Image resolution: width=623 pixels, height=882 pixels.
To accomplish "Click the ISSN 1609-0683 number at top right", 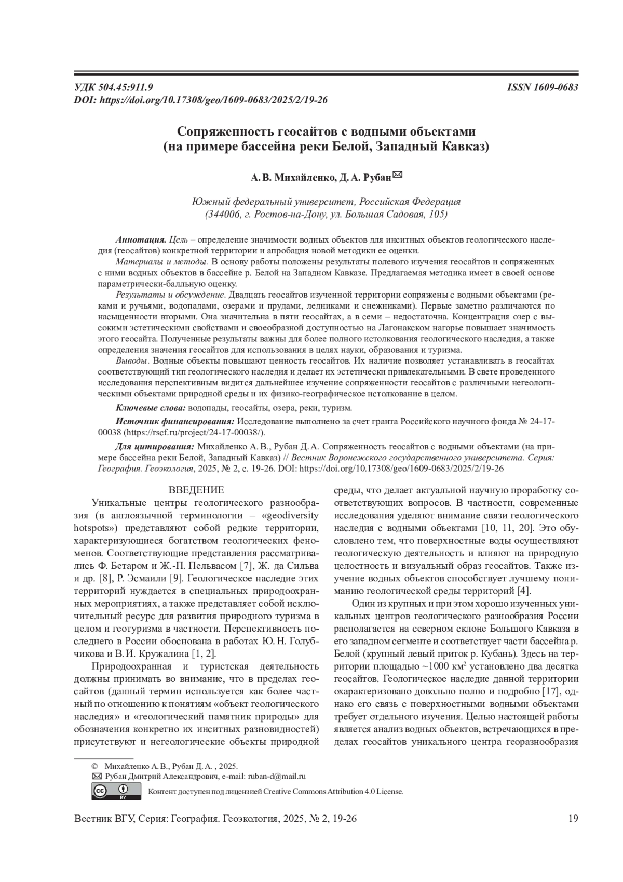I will click(542, 88).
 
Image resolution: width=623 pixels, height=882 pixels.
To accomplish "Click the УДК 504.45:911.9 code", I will click(114, 88).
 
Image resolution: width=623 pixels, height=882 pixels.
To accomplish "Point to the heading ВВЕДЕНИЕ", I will click(196, 490).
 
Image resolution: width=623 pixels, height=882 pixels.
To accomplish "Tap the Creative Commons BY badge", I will click(116, 791).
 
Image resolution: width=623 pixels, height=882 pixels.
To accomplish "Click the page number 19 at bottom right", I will click(573, 819).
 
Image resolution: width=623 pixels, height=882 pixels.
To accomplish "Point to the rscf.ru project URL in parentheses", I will click(195, 432).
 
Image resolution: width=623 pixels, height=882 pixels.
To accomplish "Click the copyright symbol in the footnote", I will click(94, 766).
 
